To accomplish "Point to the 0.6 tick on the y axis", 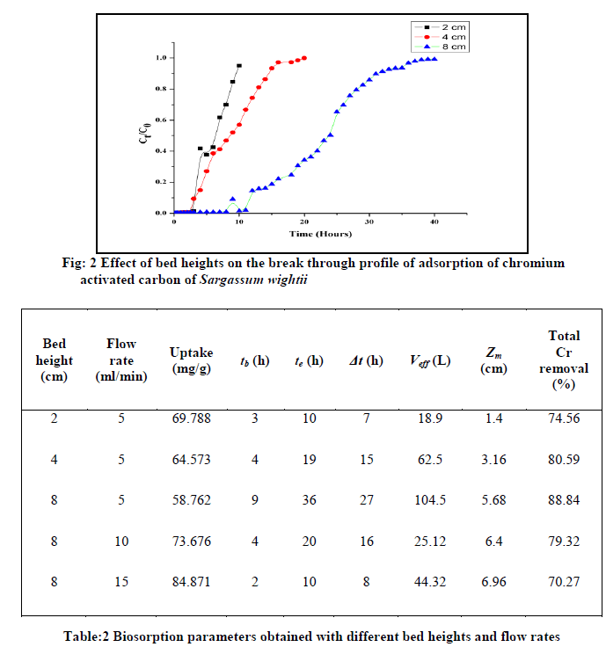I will click(x=160, y=120).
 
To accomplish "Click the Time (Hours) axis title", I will click(x=321, y=233).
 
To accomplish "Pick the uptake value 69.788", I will click(x=191, y=418).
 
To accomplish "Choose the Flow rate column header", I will click(x=121, y=360).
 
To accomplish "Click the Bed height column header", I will click(x=54, y=360).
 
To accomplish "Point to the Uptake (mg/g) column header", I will click(x=191, y=360).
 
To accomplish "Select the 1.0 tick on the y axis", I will click(x=160, y=58).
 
